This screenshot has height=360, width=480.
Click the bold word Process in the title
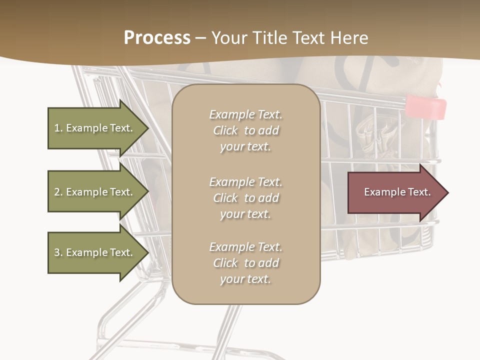click(x=157, y=38)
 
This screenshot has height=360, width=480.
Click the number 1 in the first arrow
click(x=57, y=128)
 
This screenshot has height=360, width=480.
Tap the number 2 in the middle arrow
click(x=57, y=192)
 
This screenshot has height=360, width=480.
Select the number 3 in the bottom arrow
click(x=57, y=252)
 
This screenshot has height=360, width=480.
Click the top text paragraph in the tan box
click(x=245, y=130)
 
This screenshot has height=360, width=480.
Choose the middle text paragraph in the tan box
click(x=245, y=197)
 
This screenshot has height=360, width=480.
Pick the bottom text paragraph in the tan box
click(x=245, y=263)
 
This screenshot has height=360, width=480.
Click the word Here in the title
click(x=350, y=38)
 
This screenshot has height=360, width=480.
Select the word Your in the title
click(x=227, y=38)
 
